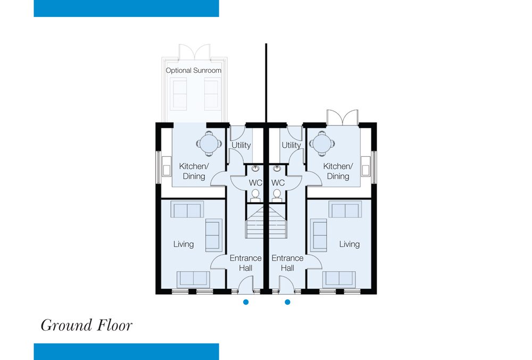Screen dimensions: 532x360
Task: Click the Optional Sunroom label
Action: [194, 71]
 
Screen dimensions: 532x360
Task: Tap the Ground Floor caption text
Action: [87, 325]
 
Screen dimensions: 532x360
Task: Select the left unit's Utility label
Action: [241, 145]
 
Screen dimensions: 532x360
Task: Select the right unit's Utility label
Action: [292, 145]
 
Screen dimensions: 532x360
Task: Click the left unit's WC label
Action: [255, 183]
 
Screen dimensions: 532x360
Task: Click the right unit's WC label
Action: [278, 183]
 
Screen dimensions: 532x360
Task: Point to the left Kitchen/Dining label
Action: [194, 171]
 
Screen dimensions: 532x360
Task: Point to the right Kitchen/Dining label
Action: [338, 171]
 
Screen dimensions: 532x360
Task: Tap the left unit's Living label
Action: [184, 244]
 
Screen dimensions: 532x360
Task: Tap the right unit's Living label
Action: [350, 244]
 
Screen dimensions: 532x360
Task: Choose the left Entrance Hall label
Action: [246, 263]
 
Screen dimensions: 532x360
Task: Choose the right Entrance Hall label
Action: [287, 263]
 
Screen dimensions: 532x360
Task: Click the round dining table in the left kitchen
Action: [209, 144]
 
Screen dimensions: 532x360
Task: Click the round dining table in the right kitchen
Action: [322, 144]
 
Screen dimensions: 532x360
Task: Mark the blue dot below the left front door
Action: [246, 302]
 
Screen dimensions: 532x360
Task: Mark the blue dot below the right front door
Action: [287, 302]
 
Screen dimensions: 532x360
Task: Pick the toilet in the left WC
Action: [255, 196]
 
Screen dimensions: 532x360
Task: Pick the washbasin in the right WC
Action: [277, 169]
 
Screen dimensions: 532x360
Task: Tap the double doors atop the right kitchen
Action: [342, 118]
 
